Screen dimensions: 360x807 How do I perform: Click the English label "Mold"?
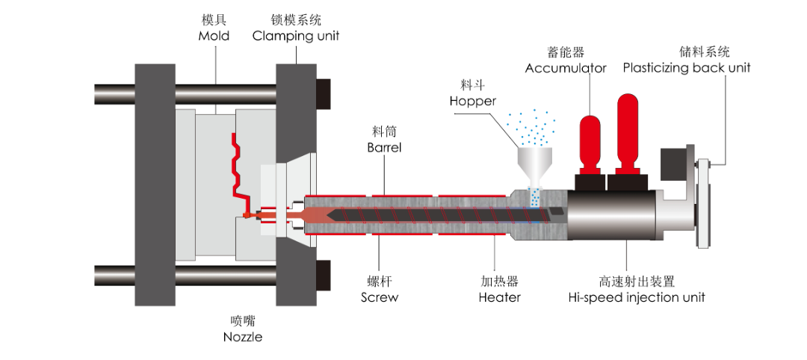tap(214, 36)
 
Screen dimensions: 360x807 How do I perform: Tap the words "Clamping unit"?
tap(295, 36)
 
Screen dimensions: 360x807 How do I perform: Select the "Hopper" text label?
tap(473, 101)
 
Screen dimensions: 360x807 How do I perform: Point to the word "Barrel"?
tap(384, 147)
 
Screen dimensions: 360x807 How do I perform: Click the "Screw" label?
tap(380, 297)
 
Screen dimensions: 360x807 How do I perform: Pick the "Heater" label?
tap(500, 297)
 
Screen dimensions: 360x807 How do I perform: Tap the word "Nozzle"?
tap(243, 337)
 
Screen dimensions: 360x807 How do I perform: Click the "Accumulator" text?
tap(566, 68)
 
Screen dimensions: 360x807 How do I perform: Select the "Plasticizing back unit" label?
tap(687, 68)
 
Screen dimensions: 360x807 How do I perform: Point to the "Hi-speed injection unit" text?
tap(636, 297)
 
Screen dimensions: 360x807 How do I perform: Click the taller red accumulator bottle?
tap(627, 134)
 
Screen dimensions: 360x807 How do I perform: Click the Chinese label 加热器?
tap(500, 282)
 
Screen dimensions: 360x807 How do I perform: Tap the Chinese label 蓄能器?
tap(566, 52)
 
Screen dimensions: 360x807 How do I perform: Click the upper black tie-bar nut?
tap(323, 93)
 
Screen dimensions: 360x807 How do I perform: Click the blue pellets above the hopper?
tap(533, 127)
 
